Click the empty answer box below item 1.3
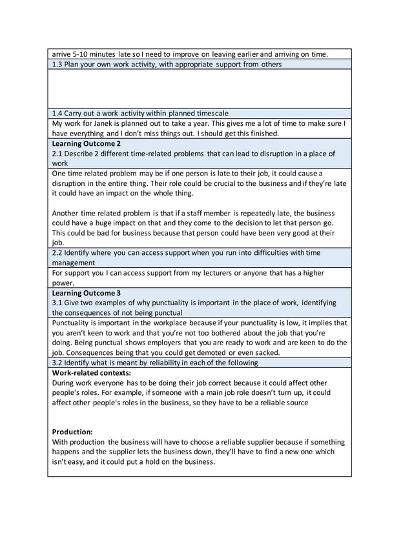(199, 88)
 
